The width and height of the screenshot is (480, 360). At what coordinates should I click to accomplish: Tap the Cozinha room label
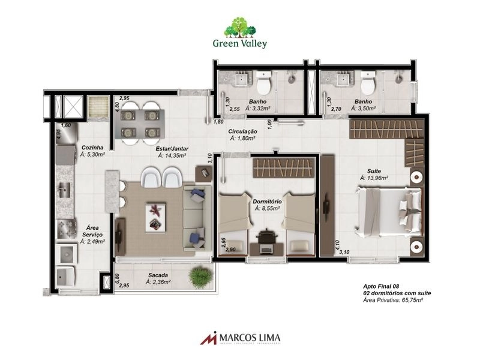pyautogui.click(x=93, y=147)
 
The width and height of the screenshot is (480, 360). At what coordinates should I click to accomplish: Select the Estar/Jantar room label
pyautogui.click(x=171, y=147)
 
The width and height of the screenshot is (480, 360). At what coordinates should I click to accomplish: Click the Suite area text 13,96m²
pyautogui.click(x=374, y=178)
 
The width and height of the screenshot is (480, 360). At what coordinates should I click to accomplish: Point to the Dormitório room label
pyautogui.click(x=268, y=202)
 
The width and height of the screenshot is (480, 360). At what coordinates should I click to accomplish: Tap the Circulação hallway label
pyautogui.click(x=242, y=131)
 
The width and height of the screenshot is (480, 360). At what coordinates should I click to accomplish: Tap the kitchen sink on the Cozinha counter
pyautogui.click(x=64, y=191)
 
